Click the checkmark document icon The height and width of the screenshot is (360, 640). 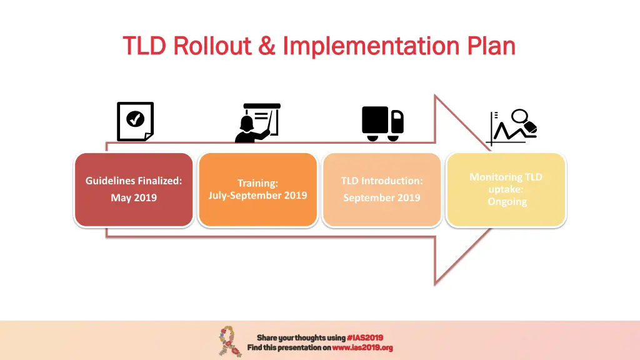click(135, 121)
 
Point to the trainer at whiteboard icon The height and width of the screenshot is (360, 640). click(257, 122)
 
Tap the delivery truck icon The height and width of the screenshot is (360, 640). click(382, 122)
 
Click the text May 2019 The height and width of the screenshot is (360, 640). click(134, 197)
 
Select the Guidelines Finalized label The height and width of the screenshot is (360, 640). click(134, 181)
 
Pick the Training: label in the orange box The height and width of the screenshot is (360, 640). click(257, 183)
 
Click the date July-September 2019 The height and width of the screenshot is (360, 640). click(257, 195)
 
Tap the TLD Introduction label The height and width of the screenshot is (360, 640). click(381, 181)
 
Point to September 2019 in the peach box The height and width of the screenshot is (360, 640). click(381, 197)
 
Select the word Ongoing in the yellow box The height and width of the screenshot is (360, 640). click(507, 202)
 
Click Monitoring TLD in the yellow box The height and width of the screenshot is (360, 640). click(506, 177)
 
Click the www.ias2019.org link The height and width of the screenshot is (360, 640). click(362, 347)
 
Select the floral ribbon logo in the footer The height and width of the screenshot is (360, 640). click(227, 341)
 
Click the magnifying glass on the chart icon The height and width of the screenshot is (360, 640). click(520, 117)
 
